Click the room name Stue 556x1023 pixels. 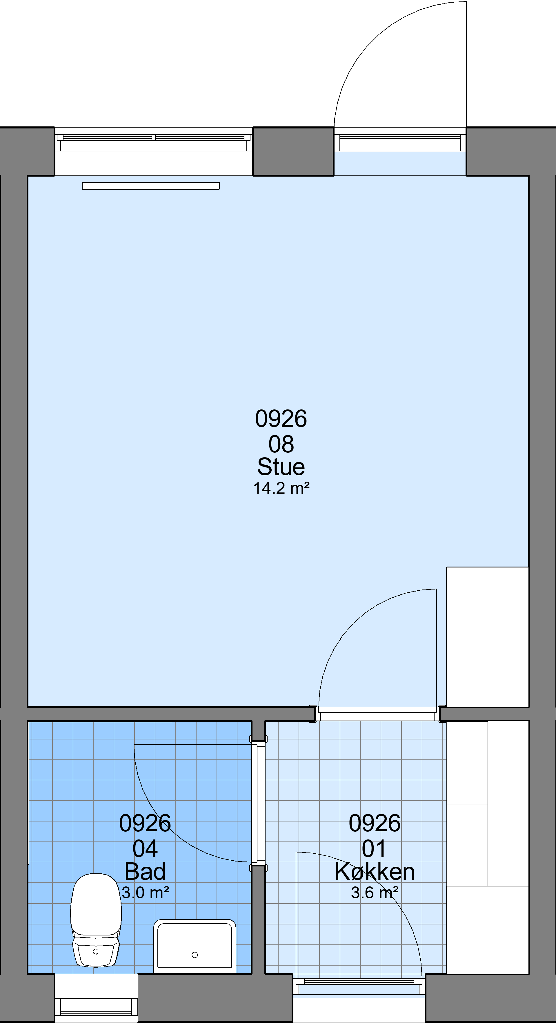[x=281, y=467]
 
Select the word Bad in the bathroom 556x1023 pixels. [x=145, y=872]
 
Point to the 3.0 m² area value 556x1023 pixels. [x=145, y=893]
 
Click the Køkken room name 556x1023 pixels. [x=375, y=872]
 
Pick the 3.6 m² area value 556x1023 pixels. [x=375, y=893]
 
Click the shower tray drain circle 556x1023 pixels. [x=195, y=955]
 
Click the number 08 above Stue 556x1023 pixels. [x=281, y=444]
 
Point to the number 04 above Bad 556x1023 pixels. [x=145, y=849]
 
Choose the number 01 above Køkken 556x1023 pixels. [x=374, y=849]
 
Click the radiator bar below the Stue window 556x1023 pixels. [x=151, y=186]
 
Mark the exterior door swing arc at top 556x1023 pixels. [x=373, y=40]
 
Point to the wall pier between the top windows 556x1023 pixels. [x=293, y=151]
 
